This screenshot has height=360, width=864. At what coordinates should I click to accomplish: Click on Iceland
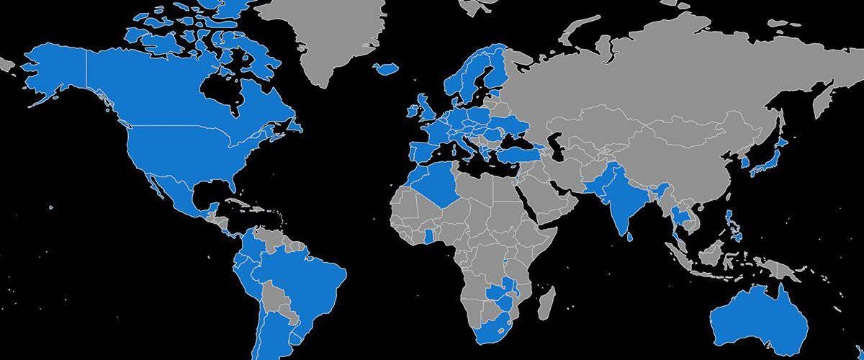[387, 68]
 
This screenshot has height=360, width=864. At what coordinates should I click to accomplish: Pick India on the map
[616, 194]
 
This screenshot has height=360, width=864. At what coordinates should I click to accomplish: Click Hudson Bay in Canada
[220, 90]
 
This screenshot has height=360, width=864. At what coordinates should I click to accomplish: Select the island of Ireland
[413, 112]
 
